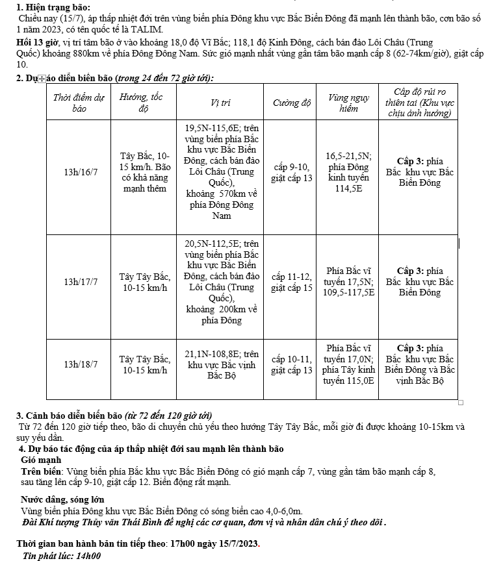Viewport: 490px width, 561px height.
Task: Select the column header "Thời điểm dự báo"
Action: click(79, 103)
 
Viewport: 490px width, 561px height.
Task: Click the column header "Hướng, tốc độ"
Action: click(141, 103)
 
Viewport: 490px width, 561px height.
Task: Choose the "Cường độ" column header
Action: click(290, 103)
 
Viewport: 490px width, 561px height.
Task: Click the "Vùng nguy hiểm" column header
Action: click(348, 103)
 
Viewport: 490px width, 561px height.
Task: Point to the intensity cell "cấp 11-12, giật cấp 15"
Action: click(291, 282)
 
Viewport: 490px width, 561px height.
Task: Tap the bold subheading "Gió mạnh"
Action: click(42, 460)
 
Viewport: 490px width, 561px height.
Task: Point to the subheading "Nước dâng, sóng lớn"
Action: click(62, 500)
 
